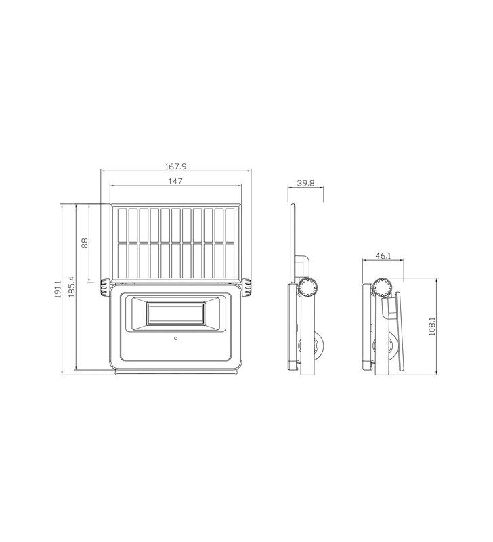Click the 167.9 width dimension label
(x=176, y=166)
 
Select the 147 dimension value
(x=176, y=181)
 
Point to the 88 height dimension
(x=85, y=243)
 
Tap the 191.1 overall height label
(x=58, y=289)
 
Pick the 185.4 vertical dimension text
(x=72, y=287)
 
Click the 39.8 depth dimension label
(x=305, y=183)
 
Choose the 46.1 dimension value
(x=383, y=256)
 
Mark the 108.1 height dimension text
(x=431, y=327)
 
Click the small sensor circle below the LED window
(x=176, y=338)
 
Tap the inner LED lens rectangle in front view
(x=176, y=314)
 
